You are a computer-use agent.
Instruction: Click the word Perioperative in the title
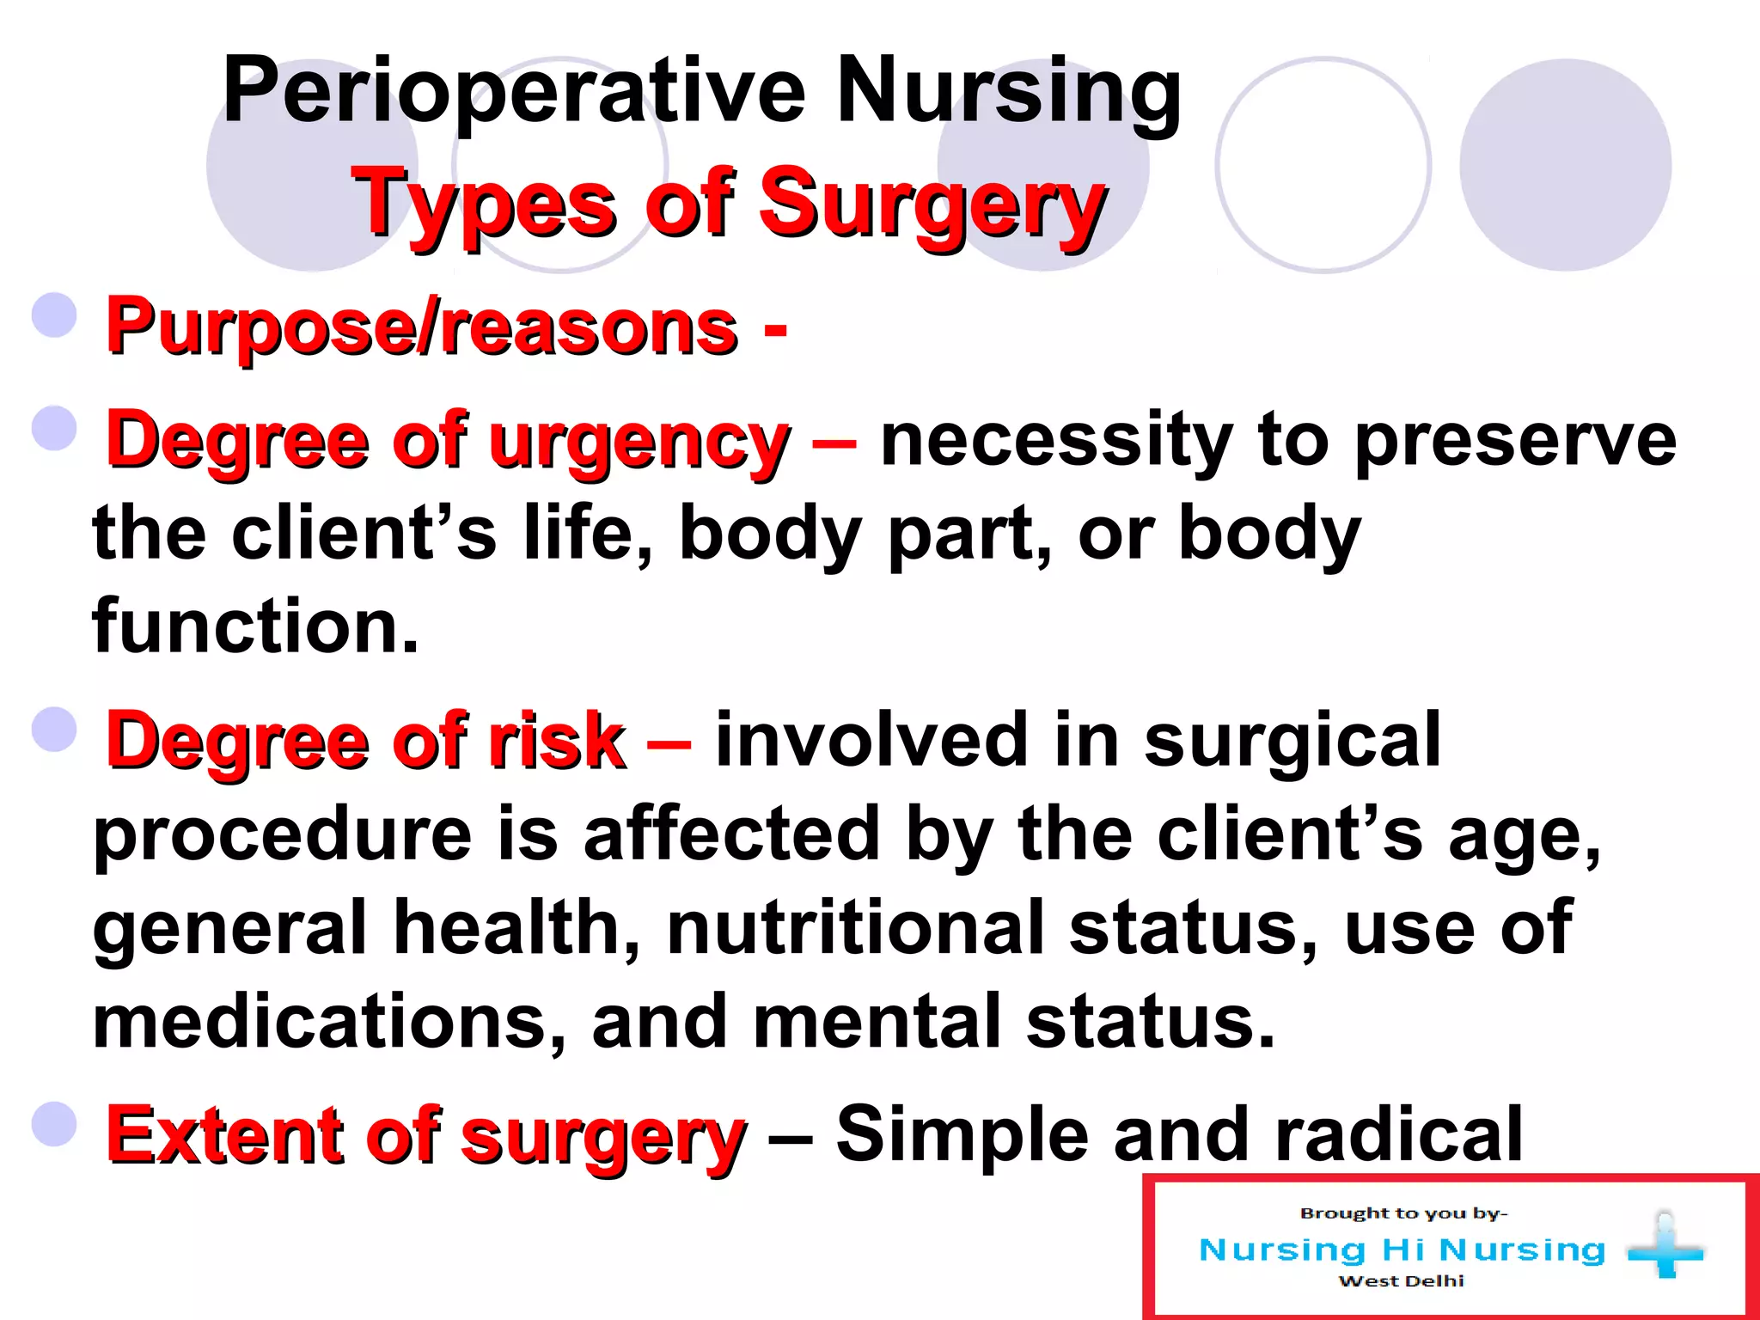[514, 90]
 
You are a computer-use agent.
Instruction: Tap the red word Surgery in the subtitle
[932, 205]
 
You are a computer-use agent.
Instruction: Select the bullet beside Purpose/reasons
[55, 315]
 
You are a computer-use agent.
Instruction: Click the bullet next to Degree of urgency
[55, 428]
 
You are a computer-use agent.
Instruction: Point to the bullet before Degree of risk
[55, 729]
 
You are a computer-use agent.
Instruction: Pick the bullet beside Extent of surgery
[55, 1124]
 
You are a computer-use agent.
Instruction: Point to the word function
[255, 626]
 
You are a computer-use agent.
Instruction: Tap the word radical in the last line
[1399, 1134]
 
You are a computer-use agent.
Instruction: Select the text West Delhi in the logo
[1401, 1281]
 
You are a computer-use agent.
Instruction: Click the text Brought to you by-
[1402, 1213]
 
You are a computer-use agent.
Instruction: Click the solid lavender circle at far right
[1565, 164]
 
